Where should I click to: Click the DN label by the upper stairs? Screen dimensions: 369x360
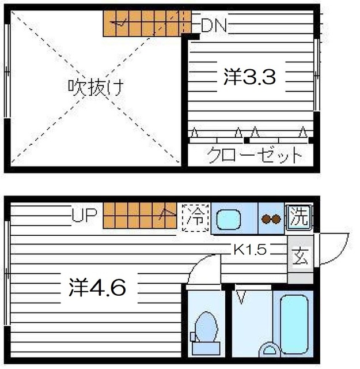tap(214, 25)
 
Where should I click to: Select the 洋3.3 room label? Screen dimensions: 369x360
tap(249, 77)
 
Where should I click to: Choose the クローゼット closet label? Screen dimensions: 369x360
tap(254, 155)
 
